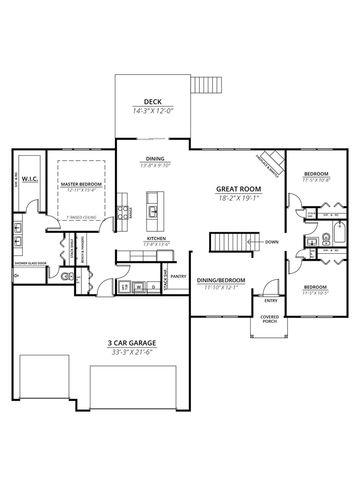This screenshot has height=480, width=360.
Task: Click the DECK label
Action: click(153, 100)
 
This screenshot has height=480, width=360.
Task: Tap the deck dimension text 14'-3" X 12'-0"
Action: click(153, 110)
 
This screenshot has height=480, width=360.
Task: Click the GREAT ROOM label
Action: click(238, 187)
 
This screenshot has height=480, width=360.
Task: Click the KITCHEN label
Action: click(155, 239)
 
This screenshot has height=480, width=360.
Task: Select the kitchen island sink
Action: click(152, 211)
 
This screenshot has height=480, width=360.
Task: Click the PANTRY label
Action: click(179, 276)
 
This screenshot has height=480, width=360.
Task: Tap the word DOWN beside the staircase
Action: click(272, 242)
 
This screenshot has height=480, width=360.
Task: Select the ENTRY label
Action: click(271, 299)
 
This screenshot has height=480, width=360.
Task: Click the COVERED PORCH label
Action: click(270, 319)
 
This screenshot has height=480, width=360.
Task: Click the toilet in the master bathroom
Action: click(65, 276)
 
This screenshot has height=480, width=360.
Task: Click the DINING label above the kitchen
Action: click(155, 158)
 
